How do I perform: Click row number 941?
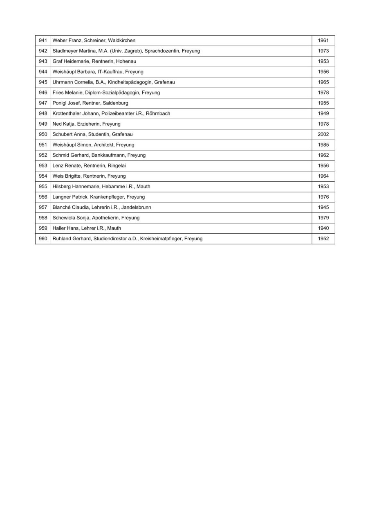coord(43,41)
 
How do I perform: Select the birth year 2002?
coord(323,134)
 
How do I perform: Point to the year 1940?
coord(323,228)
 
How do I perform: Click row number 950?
coord(43,134)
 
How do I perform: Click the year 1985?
coord(323,145)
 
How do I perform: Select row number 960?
coord(43,239)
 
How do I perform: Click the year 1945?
coord(323,207)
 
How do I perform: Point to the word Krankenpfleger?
coord(107,197)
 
